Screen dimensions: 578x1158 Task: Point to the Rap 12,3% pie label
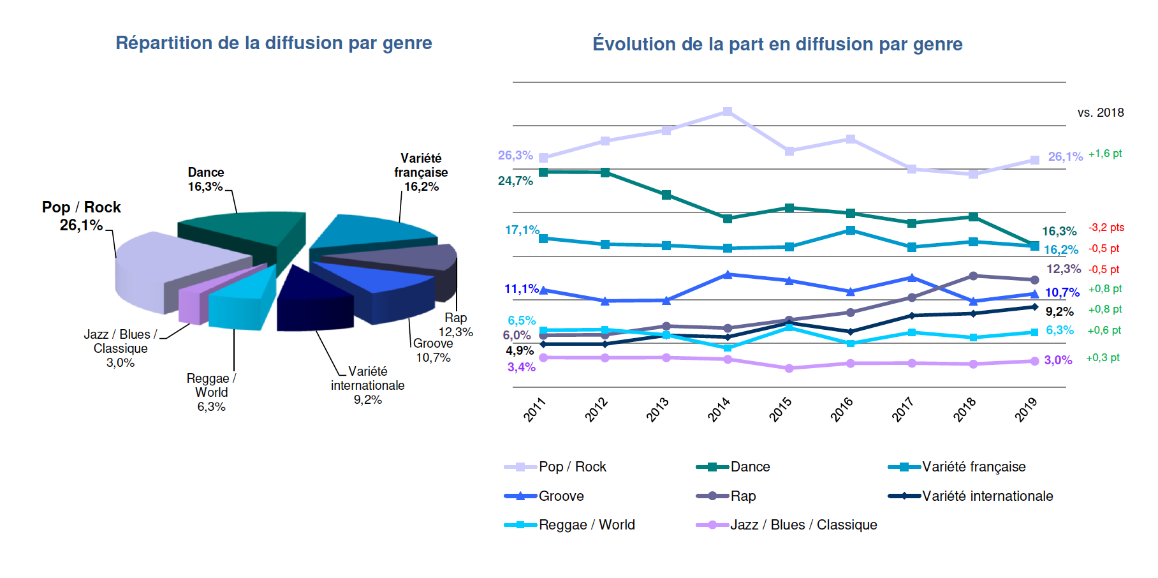coord(455,325)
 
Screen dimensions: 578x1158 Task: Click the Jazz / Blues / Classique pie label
coord(120,348)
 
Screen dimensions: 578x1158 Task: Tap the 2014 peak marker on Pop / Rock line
coord(728,112)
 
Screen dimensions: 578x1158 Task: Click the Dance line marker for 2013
coord(666,195)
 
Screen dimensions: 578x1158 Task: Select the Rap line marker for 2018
coord(973,276)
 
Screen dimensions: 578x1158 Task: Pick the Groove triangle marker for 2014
coord(728,274)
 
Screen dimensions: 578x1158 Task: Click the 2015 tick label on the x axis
coord(781,409)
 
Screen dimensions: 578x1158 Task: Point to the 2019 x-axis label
coord(1026,409)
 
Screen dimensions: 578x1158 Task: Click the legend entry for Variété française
coord(973,467)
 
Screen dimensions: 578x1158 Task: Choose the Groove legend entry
coord(561,496)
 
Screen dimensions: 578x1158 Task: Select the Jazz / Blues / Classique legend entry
coord(803,525)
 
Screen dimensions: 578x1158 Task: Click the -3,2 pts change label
coord(1106,228)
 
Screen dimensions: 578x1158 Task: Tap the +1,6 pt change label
coord(1105,154)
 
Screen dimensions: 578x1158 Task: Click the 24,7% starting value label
coord(515,181)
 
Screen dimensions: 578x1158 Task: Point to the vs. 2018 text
coord(1101,113)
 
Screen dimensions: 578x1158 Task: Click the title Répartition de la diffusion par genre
coord(274,43)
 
